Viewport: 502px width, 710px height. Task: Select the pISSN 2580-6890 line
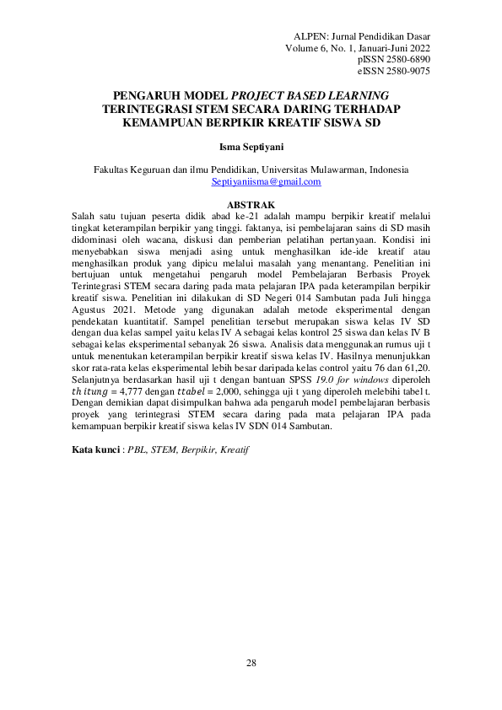[x=394, y=61]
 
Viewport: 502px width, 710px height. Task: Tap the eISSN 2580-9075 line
[x=394, y=73]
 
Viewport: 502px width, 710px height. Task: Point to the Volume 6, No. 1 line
[x=358, y=49]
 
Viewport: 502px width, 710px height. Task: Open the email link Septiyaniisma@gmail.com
[x=266, y=181]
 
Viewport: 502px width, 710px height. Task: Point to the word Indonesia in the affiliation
[x=386, y=169]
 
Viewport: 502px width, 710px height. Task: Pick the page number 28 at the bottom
[x=251, y=663]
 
